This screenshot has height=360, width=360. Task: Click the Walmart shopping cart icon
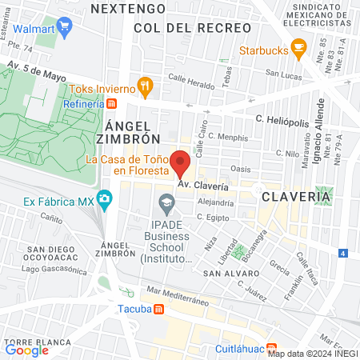[x=64, y=26]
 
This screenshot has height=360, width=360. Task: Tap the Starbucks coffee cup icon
[x=298, y=50]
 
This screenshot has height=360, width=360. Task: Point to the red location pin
[x=182, y=162]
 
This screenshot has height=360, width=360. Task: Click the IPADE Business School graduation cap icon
[x=166, y=204]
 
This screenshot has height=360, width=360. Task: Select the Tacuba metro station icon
[x=159, y=310]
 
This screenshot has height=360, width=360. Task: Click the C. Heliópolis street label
[x=281, y=118]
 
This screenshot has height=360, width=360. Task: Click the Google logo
[x=26, y=349]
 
